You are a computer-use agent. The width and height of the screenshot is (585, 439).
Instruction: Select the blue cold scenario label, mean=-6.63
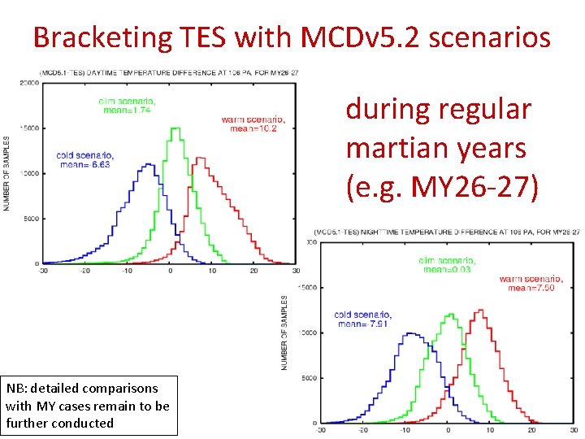[84, 159]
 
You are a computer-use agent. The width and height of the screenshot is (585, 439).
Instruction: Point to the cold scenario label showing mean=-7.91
[362, 319]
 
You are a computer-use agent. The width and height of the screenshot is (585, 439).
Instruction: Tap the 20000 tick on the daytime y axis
[30, 83]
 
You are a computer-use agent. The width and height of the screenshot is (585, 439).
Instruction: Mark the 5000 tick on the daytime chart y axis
[32, 218]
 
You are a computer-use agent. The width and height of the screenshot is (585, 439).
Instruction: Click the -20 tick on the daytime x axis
[84, 271]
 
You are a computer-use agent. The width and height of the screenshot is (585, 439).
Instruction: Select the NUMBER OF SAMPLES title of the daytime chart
[9, 173]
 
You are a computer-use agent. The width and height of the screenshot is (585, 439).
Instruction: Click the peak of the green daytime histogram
[175, 128]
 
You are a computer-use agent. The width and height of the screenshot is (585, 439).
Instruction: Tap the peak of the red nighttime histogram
[480, 310]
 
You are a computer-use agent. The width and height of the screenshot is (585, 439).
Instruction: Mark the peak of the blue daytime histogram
[147, 164]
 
